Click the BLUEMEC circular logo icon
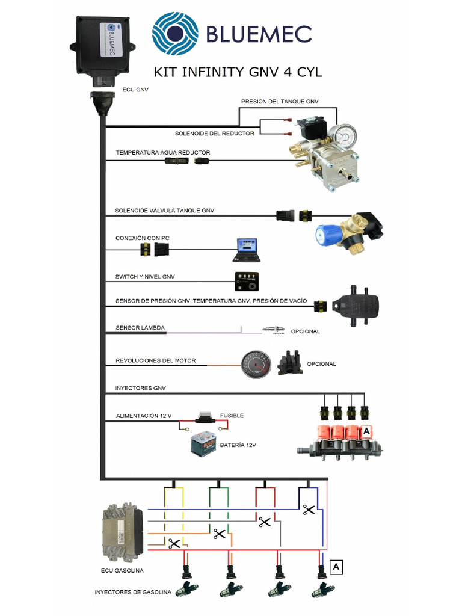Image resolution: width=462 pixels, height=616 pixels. [174, 33]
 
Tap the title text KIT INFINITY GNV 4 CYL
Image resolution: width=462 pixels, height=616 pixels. [238, 72]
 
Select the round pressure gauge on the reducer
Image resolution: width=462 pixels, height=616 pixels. [345, 135]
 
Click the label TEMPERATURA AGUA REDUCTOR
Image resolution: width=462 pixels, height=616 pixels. [162, 153]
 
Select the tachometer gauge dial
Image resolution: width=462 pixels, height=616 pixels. [256, 365]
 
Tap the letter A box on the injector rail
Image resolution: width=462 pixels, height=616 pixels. [365, 432]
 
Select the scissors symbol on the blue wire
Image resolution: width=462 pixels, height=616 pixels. [309, 510]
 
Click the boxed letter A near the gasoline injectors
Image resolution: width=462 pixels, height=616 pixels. [337, 567]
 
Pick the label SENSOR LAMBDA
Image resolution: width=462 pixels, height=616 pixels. [140, 328]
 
